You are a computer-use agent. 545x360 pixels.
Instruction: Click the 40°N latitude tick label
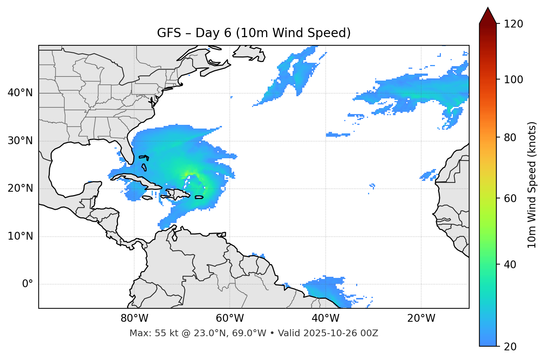tap(20, 93)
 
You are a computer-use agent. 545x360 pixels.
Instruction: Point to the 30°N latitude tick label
tap(20, 141)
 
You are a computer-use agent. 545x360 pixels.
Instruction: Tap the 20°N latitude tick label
tap(20, 188)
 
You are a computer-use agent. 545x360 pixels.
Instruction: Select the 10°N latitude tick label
tap(20, 236)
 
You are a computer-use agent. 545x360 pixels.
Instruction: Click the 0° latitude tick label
tap(28, 284)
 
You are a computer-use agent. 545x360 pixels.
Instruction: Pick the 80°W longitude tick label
tap(134, 318)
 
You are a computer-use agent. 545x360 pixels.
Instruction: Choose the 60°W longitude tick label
tap(230, 318)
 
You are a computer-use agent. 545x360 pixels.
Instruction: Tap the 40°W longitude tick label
tap(325, 318)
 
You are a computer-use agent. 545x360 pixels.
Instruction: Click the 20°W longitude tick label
tap(421, 318)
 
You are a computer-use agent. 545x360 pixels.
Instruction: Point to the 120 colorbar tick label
tap(513, 24)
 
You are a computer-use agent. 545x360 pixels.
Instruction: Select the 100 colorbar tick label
tap(513, 80)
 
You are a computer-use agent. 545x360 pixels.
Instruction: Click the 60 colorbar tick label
tap(510, 198)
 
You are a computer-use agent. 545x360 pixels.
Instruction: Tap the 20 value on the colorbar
tap(510, 347)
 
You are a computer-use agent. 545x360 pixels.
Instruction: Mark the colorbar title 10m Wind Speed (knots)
tap(532, 185)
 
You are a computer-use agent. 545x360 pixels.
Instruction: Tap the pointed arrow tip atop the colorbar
tap(488, 8)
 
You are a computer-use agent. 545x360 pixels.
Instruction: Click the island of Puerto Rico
tap(199, 197)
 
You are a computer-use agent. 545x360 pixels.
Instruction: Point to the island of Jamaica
tap(147, 198)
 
